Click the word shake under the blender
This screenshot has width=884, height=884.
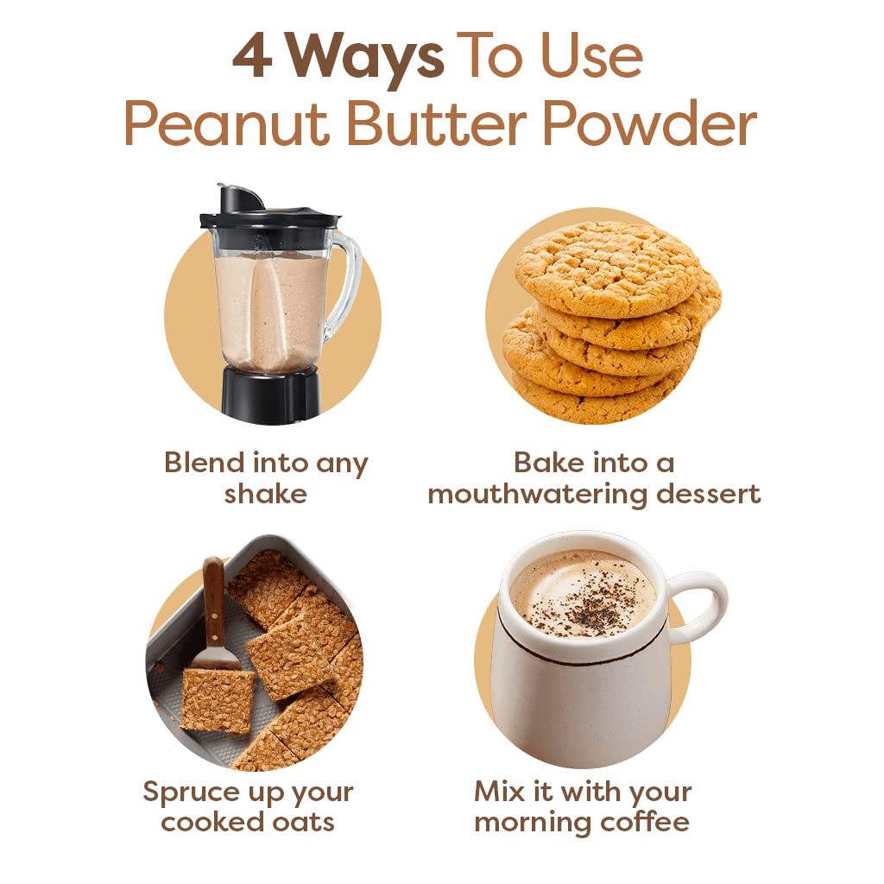pos(265,494)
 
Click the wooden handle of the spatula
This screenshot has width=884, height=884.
pos(212,601)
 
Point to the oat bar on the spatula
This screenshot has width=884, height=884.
pos(217,699)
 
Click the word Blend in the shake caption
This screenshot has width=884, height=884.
pos(204,463)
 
